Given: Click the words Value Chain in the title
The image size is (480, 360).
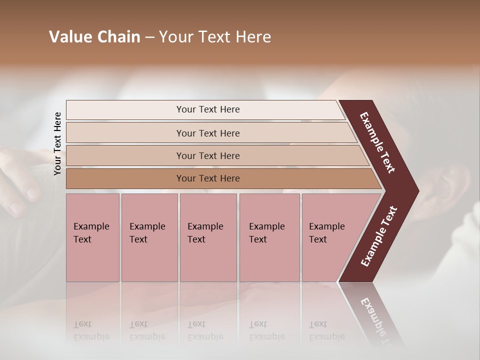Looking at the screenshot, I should (94, 37).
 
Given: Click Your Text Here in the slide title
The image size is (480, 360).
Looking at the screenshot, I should (215, 37).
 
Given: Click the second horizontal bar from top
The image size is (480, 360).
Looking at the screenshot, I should (208, 133).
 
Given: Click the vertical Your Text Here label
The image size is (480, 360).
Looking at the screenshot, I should (57, 143).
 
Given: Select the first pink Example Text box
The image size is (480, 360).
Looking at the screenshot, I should (92, 237).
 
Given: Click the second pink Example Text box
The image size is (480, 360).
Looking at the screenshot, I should (149, 237).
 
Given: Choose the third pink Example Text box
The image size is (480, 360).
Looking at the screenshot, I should (208, 237).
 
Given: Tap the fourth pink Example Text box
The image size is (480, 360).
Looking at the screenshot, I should (269, 237).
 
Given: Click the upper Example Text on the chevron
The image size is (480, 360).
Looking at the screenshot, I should (377, 142).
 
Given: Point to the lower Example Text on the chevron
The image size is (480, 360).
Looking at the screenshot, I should (378, 236).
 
